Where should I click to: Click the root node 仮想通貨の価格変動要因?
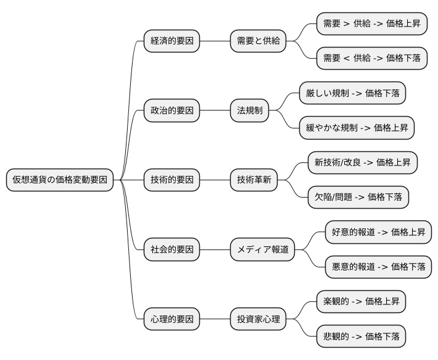60,180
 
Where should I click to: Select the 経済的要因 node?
172,41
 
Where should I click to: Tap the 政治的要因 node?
172,111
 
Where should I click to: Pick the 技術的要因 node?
172,180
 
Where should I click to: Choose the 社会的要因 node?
172,250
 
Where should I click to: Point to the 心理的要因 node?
172,320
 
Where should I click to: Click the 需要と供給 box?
258,41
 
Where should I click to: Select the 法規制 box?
250,111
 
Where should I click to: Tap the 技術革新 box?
254,180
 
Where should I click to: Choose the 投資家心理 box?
258,320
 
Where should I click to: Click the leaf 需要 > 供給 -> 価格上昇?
371,24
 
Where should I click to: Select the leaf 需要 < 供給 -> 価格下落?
371,59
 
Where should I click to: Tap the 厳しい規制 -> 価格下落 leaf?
352,94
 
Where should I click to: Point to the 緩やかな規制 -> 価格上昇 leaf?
357,128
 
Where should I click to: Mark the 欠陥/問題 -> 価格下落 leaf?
358,198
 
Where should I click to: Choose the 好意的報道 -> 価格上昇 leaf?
378,233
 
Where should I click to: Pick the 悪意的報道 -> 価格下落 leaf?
378,267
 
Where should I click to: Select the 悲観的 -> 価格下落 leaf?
361,337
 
